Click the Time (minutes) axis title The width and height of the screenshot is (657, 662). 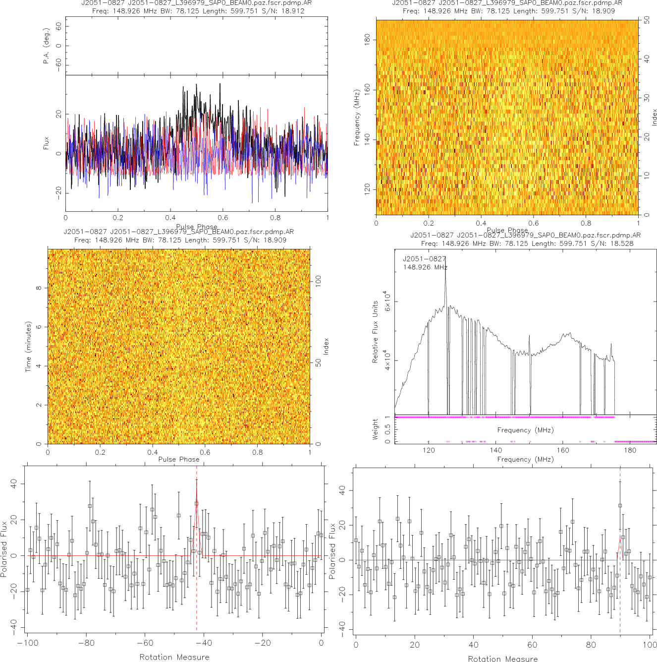point(28,347)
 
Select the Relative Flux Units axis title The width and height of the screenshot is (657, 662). point(375,332)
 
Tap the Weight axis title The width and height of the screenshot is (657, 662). point(375,429)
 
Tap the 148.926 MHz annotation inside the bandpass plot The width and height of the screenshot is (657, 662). point(425,267)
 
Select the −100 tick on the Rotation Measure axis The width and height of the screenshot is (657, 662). point(28,643)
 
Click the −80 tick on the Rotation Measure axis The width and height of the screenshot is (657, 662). point(86,643)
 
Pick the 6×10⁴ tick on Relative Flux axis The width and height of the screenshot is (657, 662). point(387,301)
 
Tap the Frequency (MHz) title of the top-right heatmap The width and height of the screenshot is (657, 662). point(357,118)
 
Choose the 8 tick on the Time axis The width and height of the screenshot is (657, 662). point(39,288)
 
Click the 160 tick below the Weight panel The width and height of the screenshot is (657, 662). point(563,450)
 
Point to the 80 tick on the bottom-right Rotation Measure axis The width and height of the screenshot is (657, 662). point(591,645)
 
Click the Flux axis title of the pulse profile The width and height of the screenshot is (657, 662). point(47,143)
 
